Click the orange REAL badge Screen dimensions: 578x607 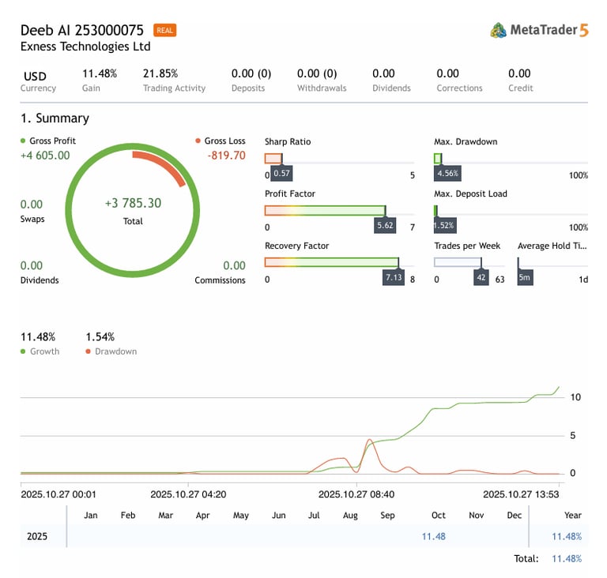click(165, 31)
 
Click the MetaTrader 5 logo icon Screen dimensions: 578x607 click(498, 30)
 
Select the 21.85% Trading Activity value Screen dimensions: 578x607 click(160, 73)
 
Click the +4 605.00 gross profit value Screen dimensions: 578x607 click(45, 156)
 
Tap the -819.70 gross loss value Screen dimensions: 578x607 click(226, 156)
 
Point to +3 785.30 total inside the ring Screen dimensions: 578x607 click(133, 204)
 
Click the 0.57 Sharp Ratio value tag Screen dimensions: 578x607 click(281, 174)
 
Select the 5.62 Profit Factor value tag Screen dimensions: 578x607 click(385, 226)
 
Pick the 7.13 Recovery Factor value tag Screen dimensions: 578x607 click(393, 278)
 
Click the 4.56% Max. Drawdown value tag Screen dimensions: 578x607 click(447, 174)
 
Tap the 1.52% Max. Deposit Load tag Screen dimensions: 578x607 click(445, 226)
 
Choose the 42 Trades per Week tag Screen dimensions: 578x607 click(481, 278)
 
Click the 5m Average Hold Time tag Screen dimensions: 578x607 click(525, 278)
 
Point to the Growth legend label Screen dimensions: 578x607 click(44, 351)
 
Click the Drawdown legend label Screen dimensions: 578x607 click(115, 351)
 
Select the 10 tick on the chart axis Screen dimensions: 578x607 click(575, 397)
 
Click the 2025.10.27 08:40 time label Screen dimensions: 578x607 click(356, 494)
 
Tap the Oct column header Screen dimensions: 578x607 click(438, 516)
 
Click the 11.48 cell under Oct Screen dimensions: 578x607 click(434, 536)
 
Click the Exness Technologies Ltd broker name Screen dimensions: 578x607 click(85, 47)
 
